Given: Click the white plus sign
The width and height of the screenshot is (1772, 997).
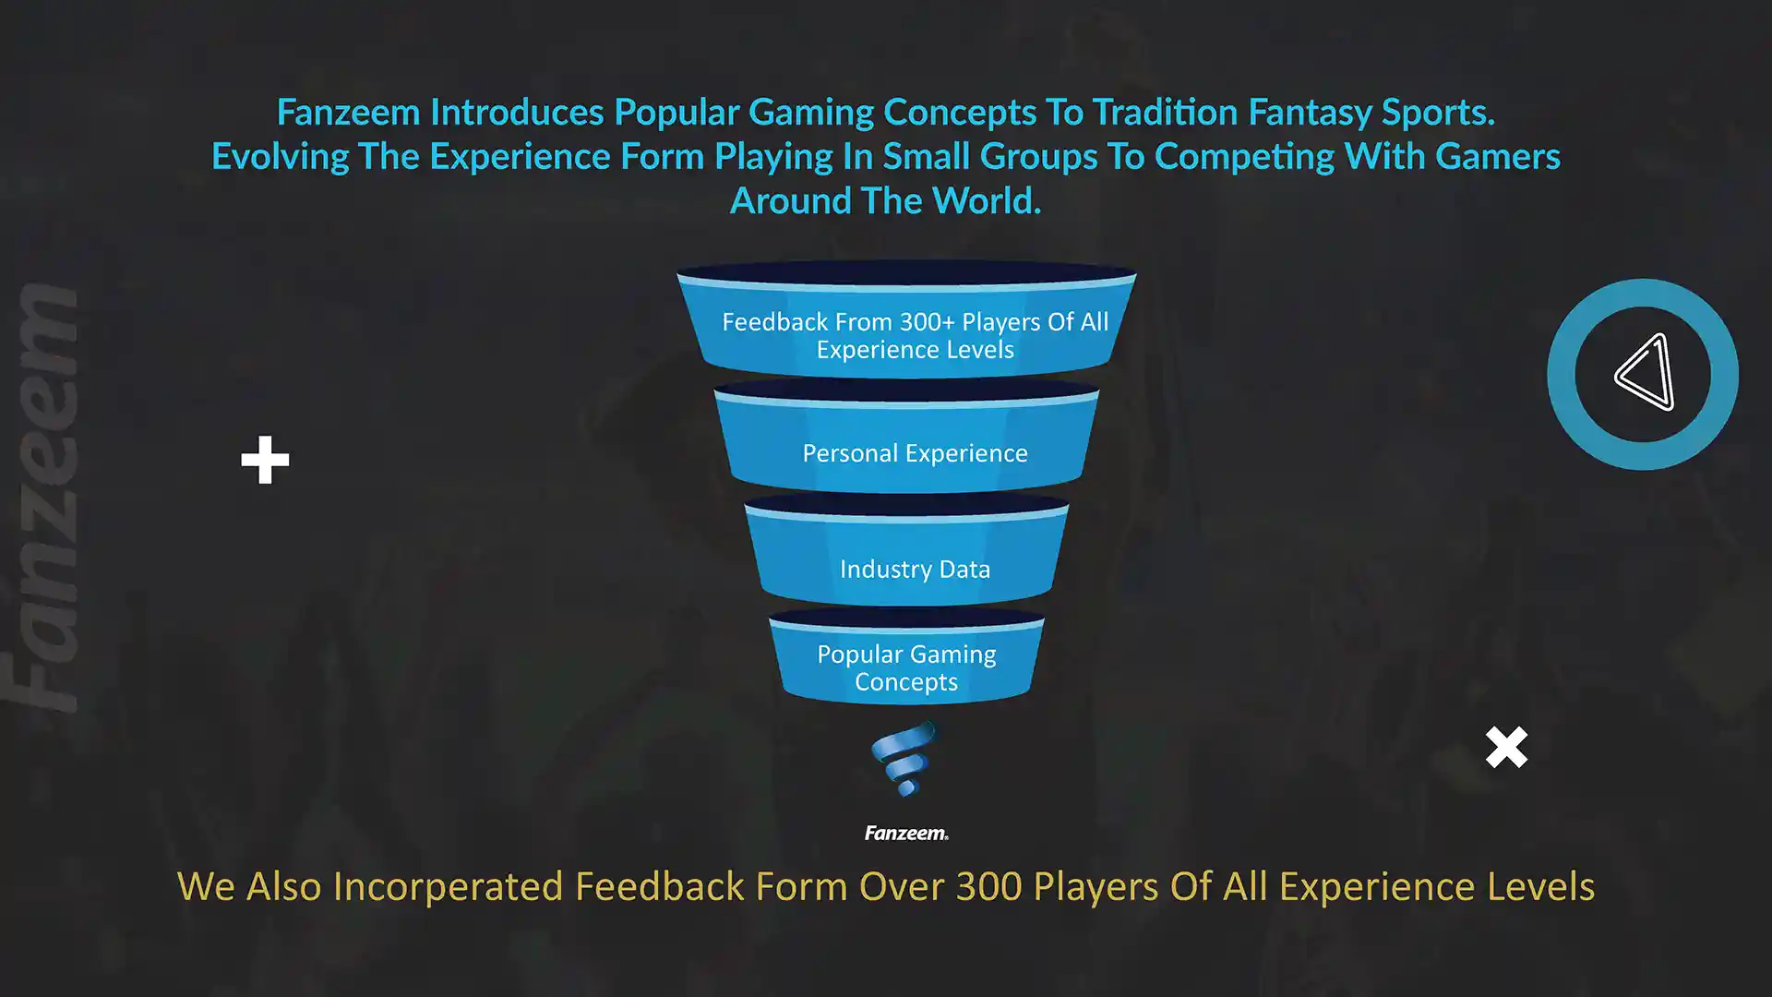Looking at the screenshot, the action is point(265,460).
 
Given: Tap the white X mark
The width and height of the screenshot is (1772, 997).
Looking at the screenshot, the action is point(1506,747).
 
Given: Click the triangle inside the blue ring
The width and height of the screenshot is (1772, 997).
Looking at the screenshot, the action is point(1645,372).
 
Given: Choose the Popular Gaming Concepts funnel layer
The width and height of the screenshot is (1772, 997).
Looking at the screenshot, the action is point(906,656).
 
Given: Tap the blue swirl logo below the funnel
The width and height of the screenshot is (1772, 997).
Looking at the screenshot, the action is point(904,759).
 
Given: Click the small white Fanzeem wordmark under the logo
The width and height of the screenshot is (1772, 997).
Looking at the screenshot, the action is point(906,833).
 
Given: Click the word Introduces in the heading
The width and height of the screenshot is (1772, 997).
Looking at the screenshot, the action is point(517,112).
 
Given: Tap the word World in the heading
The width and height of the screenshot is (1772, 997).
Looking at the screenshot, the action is point(987,200).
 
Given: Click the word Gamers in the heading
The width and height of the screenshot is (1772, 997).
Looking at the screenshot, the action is point(1498,156).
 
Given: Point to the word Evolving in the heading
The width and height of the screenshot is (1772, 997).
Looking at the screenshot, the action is point(281,157).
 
